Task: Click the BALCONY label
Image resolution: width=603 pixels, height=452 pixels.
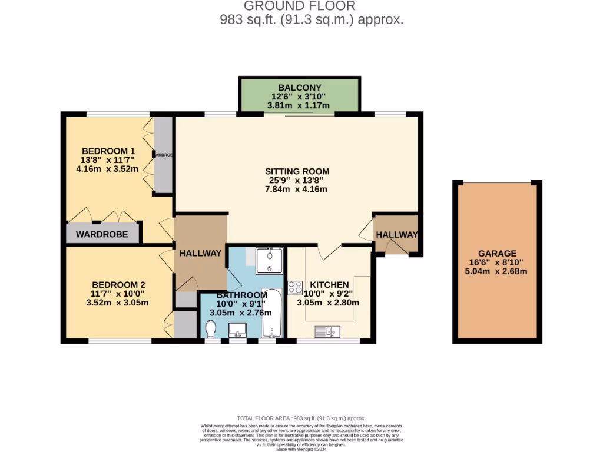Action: tap(300, 88)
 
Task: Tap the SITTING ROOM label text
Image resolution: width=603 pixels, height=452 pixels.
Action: tap(297, 171)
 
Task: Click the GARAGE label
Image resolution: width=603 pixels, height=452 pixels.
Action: tap(497, 253)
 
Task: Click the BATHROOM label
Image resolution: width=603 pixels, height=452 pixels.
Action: tap(242, 295)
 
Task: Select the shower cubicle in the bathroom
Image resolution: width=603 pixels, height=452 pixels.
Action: tap(269, 260)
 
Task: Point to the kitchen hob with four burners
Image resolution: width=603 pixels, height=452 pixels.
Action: tap(295, 288)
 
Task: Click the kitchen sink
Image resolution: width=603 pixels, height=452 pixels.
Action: tap(329, 331)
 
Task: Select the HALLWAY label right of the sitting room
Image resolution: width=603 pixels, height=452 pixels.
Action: tap(396, 234)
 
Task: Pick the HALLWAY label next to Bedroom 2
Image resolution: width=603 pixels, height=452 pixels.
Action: tap(200, 253)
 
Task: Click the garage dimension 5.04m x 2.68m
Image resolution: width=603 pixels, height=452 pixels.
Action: tap(497, 271)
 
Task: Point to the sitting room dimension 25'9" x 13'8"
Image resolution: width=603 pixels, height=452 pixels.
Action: tap(297, 180)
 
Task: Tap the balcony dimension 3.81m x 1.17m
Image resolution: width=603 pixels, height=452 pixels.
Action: tap(300, 105)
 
